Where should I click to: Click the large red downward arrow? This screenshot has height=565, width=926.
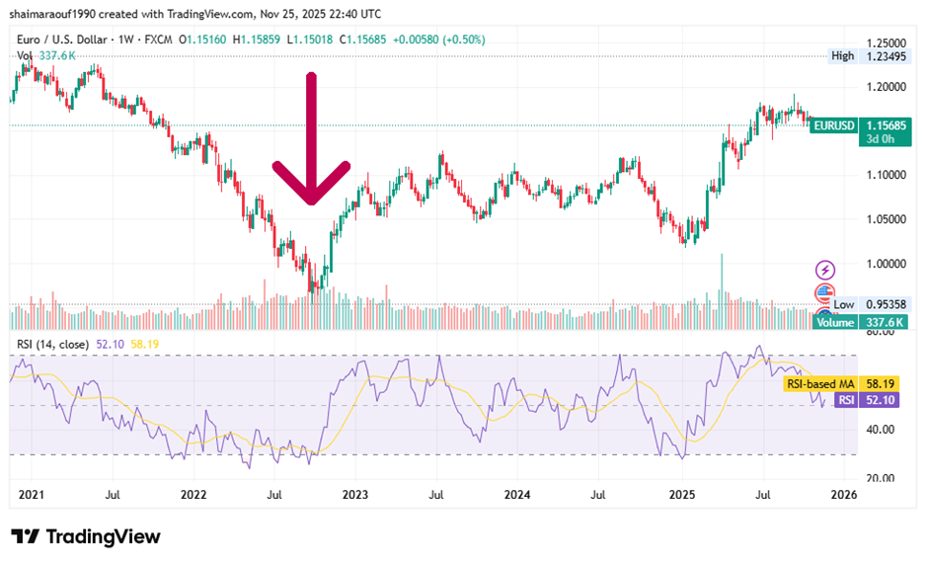click(x=311, y=138)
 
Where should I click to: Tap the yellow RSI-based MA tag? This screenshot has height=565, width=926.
click(x=819, y=383)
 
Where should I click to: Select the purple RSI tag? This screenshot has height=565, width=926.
click(x=845, y=400)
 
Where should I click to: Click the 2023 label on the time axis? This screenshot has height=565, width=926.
click(x=354, y=494)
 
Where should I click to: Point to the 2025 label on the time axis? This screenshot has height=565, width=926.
click(x=682, y=494)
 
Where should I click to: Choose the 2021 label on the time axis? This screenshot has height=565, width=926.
click(x=33, y=494)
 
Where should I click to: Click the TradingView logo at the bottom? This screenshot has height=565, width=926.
click(x=86, y=536)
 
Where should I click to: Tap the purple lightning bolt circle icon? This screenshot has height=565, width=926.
click(x=825, y=270)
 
